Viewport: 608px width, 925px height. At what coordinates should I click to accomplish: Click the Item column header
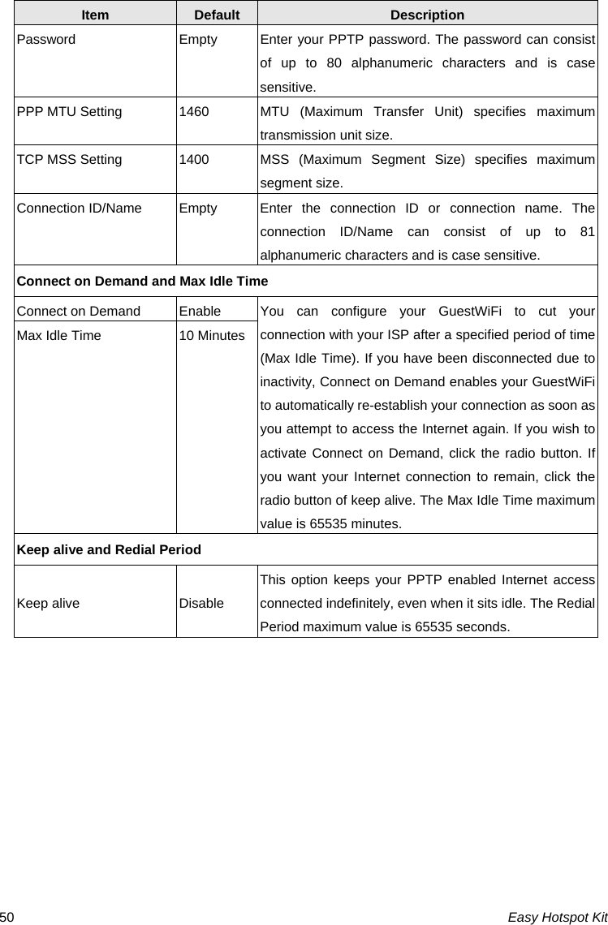coord(95,15)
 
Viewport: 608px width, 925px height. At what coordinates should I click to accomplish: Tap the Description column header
coord(427,15)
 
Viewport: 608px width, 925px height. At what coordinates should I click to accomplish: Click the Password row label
coord(46,39)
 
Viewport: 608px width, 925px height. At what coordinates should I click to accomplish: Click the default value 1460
coord(193,111)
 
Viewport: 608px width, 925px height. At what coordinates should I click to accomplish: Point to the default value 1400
coord(193,160)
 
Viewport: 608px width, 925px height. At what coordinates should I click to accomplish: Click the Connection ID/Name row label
coord(79,208)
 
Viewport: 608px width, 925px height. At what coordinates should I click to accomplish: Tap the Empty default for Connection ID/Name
coord(198,208)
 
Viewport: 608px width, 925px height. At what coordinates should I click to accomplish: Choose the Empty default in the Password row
coord(198,39)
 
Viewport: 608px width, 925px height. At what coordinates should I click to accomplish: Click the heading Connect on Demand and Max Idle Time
coord(142,281)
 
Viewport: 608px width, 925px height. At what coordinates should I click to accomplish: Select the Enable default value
coord(200,310)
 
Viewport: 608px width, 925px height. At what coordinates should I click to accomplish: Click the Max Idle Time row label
coord(59,335)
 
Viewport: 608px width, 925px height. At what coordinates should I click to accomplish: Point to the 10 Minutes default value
coord(212,335)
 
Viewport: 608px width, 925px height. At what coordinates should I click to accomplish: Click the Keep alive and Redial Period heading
coord(109,549)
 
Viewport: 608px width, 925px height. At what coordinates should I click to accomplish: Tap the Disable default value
coord(201,603)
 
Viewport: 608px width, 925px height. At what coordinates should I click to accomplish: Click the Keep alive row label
coord(49,603)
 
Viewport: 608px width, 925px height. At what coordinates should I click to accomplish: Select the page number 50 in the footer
coord(6,916)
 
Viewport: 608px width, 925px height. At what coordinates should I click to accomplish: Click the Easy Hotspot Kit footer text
coord(557,916)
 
